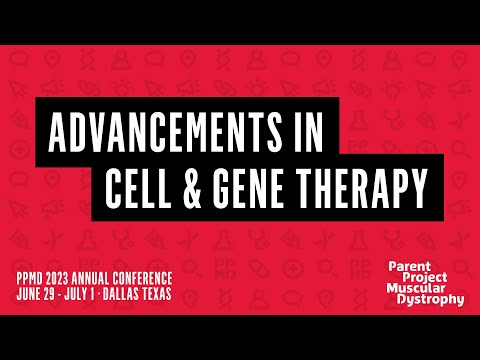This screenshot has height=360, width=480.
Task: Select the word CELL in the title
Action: coord(154,187)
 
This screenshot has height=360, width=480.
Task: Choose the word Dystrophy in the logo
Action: coord(434,299)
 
